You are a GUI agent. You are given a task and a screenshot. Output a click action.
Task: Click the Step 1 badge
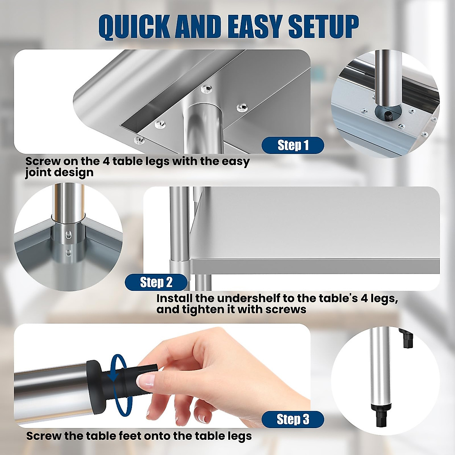pos(293,146)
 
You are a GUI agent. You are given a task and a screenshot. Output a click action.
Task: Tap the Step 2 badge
pos(156,282)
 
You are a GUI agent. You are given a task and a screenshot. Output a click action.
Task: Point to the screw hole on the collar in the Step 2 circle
pos(69,235)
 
